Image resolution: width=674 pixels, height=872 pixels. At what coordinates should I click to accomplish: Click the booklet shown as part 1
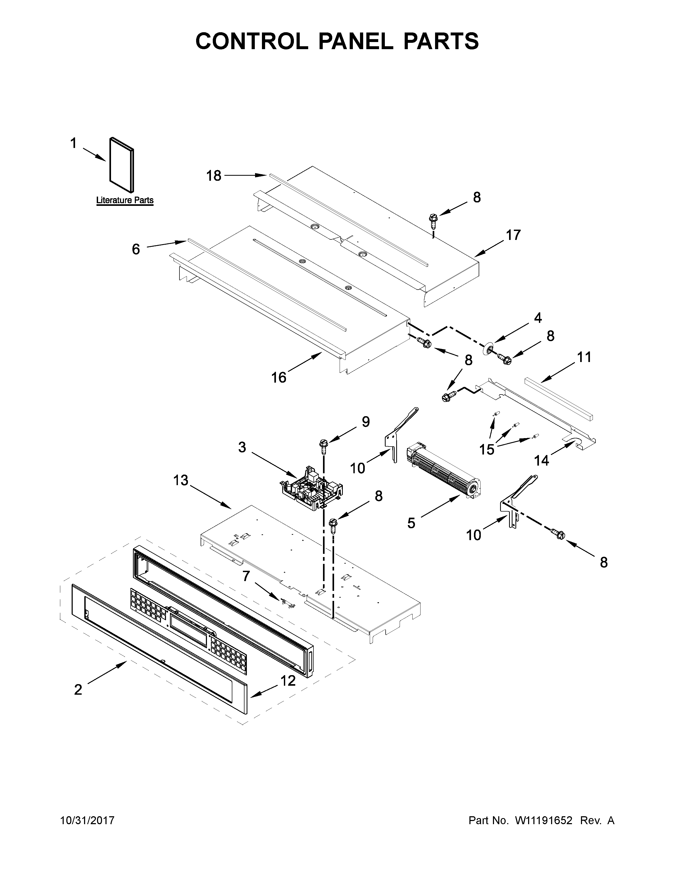tap(122, 165)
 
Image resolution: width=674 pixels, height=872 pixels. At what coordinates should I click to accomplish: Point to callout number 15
tap(487, 449)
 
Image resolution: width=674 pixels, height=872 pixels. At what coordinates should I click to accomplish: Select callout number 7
tap(246, 576)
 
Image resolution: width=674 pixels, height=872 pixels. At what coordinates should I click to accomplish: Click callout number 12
tap(288, 681)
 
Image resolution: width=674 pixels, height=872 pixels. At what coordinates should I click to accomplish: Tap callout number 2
tap(78, 689)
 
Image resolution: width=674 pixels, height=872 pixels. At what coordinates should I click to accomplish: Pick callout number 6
tap(136, 249)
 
